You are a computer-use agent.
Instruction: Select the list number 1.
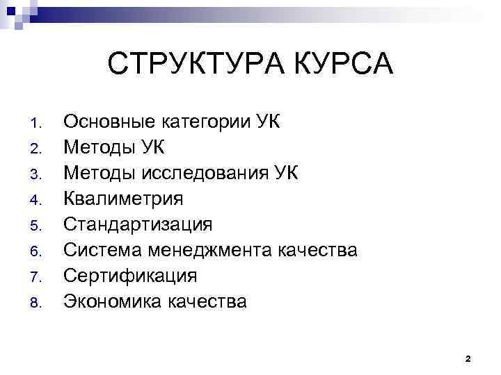(38, 125)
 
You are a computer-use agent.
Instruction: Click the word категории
(207, 124)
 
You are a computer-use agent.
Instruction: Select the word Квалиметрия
(123, 199)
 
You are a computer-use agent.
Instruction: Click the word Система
(102, 250)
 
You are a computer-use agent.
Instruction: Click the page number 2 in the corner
(468, 359)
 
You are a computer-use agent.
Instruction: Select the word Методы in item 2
(100, 148)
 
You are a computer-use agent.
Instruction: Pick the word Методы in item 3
(100, 174)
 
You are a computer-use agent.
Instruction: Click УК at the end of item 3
(285, 174)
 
